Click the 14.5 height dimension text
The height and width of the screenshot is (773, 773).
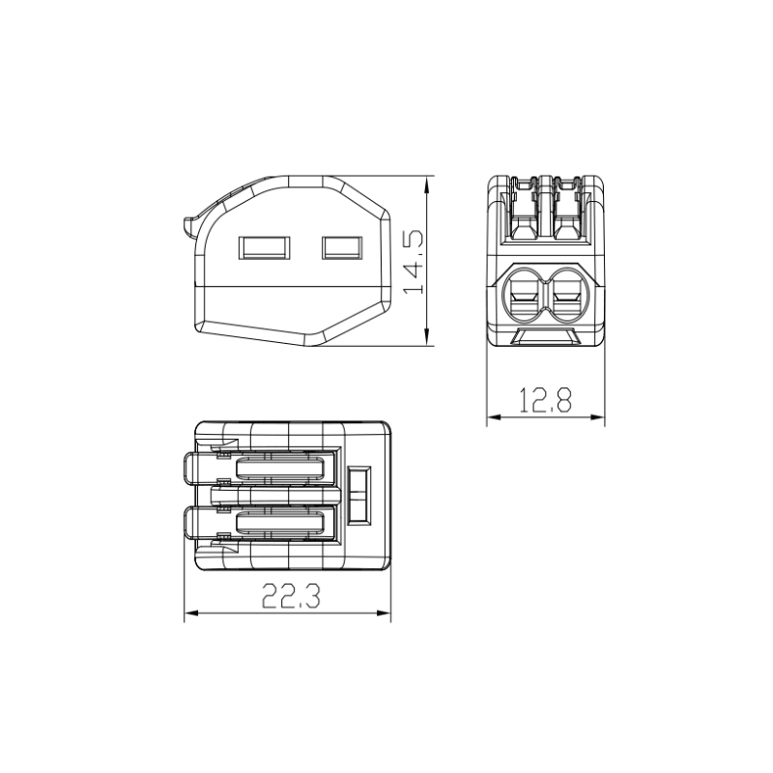(x=414, y=262)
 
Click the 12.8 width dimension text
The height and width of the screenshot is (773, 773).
(x=545, y=400)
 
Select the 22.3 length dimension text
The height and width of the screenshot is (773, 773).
(x=291, y=595)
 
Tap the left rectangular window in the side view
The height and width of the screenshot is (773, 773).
(x=264, y=248)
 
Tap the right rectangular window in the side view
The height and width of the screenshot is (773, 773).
(x=342, y=248)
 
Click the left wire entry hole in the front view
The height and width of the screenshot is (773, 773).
(x=524, y=294)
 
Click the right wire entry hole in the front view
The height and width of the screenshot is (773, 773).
(x=567, y=294)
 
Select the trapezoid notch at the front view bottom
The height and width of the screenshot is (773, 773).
(x=545, y=336)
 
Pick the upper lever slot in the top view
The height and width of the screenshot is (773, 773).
(x=280, y=469)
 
